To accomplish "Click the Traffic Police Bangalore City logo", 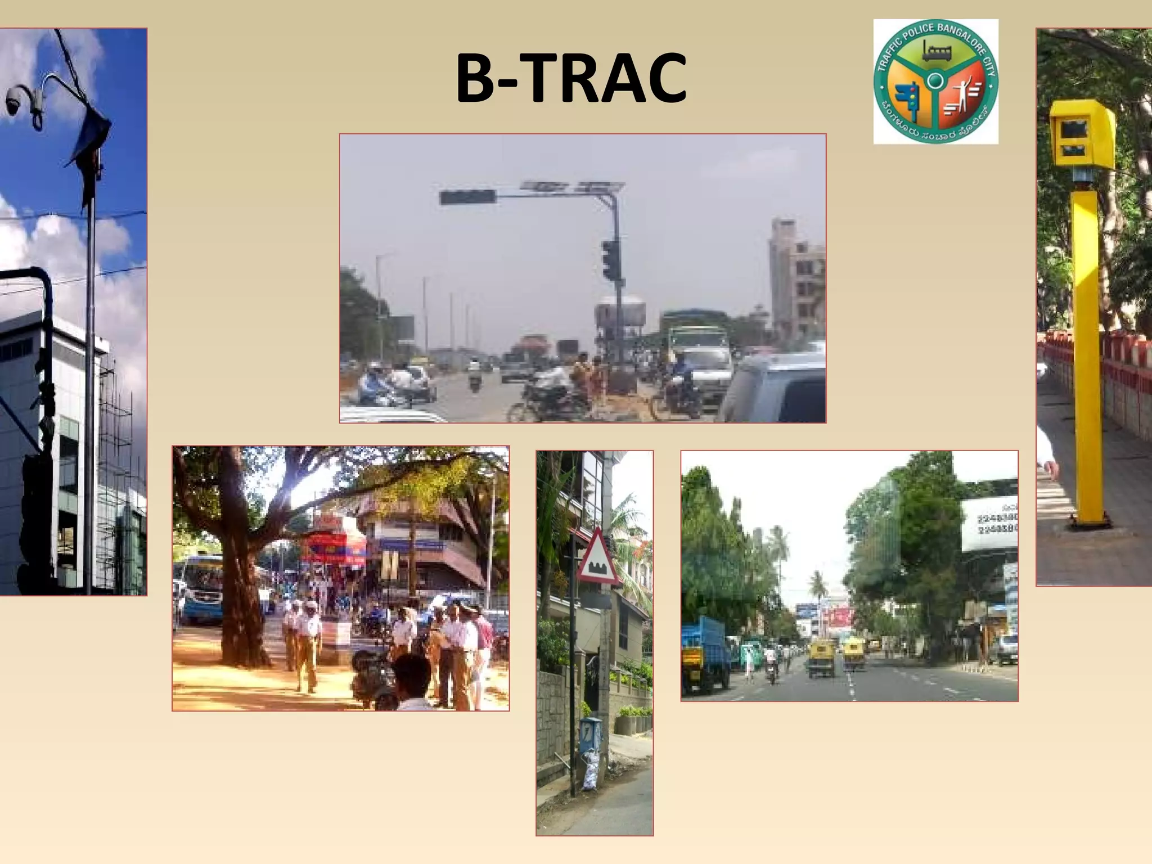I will [935, 82].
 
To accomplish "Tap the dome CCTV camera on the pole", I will [13, 101].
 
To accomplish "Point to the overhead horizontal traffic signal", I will [467, 197].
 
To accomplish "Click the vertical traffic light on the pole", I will [609, 259].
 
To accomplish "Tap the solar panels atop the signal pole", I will [573, 186].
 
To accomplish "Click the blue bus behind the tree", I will [200, 588].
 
